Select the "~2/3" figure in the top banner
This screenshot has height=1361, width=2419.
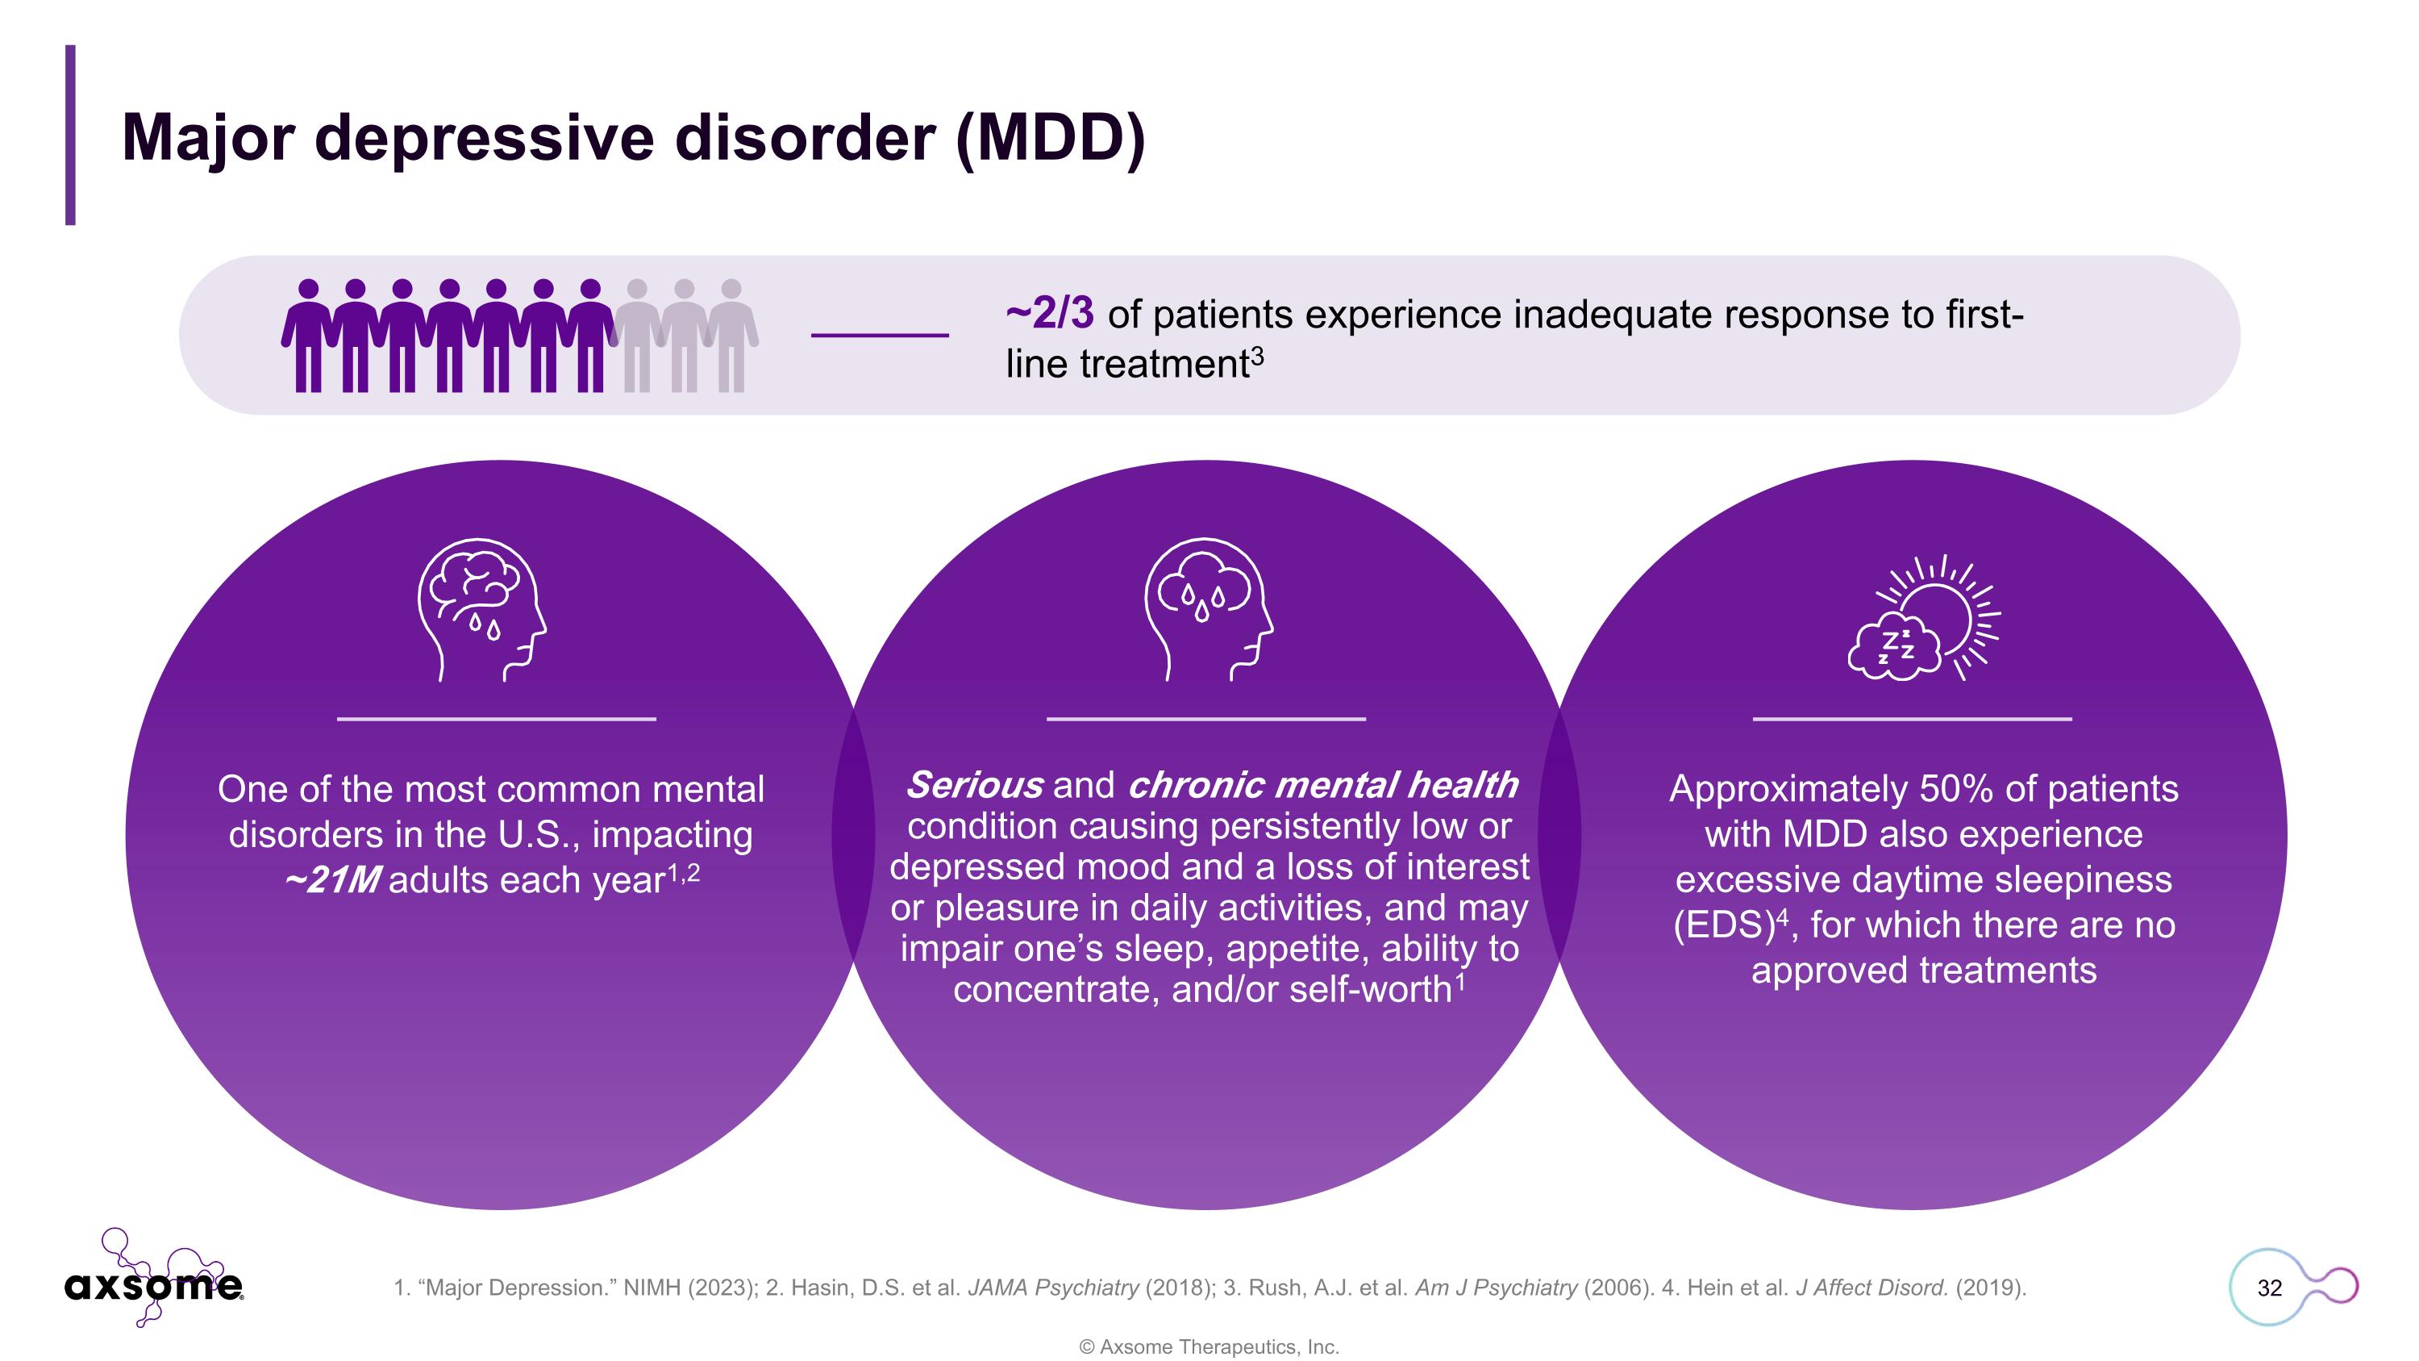1049,314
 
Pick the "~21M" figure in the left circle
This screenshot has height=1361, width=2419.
332,881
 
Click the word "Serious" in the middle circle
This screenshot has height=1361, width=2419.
974,785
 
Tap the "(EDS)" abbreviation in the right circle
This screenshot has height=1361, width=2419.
1722,926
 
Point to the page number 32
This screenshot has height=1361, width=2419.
2269,1288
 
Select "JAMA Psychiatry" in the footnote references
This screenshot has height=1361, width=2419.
1053,1288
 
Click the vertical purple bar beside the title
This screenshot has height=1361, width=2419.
70,134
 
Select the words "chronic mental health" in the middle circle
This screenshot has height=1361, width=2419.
1322,785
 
